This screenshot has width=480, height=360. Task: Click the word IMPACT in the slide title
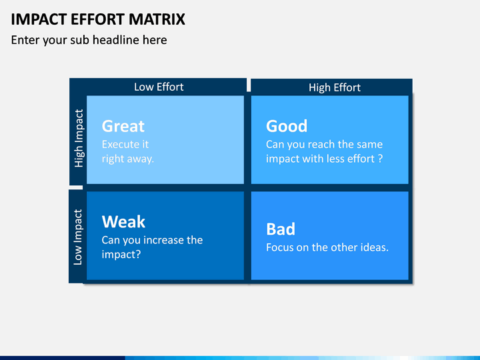tap(39, 19)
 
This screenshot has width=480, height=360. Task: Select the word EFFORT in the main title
tap(98, 19)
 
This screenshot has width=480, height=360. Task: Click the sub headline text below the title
tap(89, 40)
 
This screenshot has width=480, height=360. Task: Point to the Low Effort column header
tap(159, 87)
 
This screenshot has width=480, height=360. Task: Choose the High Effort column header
tap(335, 87)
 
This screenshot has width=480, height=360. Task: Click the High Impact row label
tap(79, 138)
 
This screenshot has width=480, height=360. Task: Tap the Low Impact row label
tap(78, 237)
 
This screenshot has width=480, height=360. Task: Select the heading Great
tap(123, 126)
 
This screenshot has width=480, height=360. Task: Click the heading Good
tap(287, 126)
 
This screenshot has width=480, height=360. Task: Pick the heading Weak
tap(123, 221)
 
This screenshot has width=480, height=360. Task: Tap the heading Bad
tap(281, 229)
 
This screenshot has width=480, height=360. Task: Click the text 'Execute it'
tap(125, 144)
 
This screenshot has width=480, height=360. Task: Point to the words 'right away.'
tap(127, 159)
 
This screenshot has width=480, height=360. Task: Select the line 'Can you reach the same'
tap(325, 144)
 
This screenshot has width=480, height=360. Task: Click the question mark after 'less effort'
tap(380, 159)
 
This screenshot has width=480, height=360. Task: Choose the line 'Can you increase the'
tap(152, 240)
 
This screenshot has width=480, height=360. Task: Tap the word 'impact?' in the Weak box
tap(121, 255)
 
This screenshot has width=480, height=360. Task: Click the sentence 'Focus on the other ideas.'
tap(327, 247)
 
